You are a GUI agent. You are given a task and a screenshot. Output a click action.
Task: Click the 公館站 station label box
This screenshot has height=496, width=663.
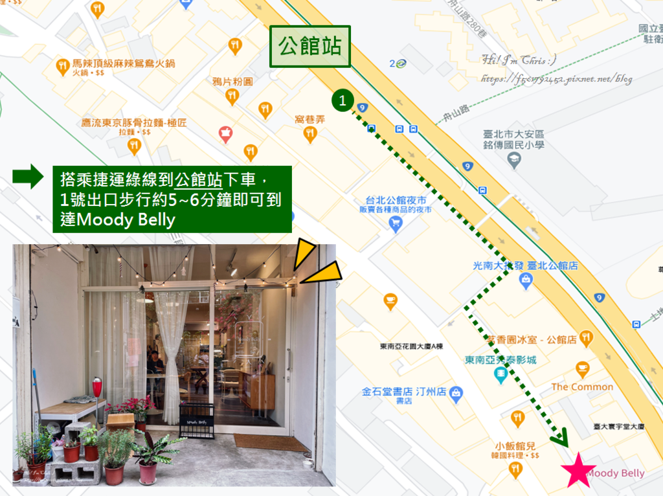(309, 47)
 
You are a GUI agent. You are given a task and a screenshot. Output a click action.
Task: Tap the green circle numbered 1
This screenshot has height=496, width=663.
(343, 100)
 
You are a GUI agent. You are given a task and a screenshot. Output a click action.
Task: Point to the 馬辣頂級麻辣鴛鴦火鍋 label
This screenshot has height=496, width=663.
(124, 64)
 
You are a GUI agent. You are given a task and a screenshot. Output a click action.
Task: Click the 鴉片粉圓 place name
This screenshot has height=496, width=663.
(232, 82)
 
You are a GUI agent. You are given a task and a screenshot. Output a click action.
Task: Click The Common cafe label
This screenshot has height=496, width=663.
(582, 387)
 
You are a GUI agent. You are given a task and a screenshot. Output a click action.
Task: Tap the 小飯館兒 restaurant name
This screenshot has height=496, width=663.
(516, 446)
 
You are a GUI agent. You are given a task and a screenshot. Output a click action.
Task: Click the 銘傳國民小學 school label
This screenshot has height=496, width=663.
(513, 145)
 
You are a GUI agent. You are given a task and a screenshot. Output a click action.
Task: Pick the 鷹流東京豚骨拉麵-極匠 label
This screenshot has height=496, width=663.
(134, 122)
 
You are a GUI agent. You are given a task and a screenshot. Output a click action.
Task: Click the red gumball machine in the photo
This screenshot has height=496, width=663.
(97, 388)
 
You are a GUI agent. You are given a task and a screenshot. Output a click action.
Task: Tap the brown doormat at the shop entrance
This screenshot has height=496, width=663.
(271, 442)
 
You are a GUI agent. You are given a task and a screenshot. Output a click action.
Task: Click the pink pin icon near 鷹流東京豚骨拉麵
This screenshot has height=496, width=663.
(225, 135)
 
